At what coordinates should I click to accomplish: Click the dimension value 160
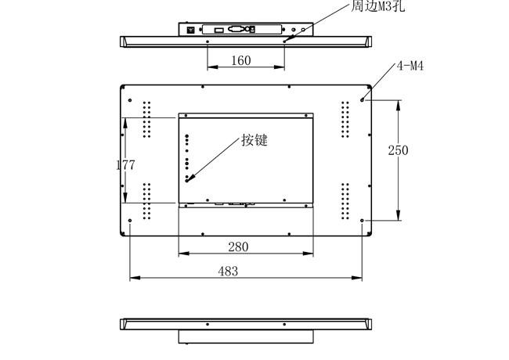coord(241,60)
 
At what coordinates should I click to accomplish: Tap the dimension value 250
coord(398,150)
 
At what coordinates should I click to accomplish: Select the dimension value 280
coord(238,247)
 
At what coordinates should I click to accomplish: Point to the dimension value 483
coord(228,271)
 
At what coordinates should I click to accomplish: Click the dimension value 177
coord(125,165)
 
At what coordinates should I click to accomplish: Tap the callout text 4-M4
coord(410,66)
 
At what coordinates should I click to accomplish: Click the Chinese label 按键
coord(254,140)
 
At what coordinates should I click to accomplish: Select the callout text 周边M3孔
coord(378,5)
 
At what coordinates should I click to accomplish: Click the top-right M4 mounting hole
coord(362,100)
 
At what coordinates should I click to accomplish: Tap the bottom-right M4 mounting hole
coord(362,221)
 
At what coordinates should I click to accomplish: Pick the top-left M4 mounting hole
coord(130,100)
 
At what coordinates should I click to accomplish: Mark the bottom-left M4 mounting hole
coord(130,221)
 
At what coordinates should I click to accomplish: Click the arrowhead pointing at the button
coord(191,178)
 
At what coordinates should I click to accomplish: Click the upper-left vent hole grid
coord(146,120)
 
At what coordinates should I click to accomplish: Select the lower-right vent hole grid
coord(345,201)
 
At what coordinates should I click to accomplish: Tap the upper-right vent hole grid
coord(345,120)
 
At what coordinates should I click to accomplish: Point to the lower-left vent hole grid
coord(146,201)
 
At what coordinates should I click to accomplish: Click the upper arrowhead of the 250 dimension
coord(399,105)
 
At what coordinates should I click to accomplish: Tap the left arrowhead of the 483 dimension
coord(135,278)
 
